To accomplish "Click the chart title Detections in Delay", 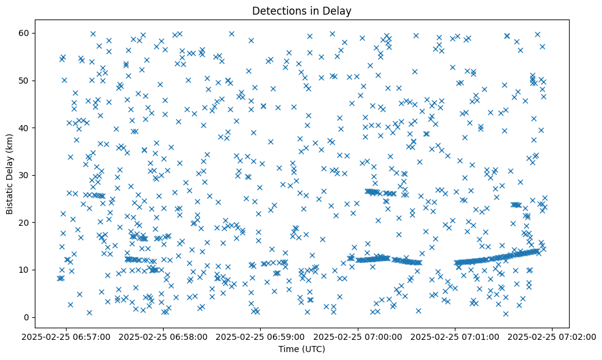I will (x=302, y=11).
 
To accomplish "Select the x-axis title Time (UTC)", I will (x=302, y=349).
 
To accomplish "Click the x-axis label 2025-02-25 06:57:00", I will (x=67, y=336).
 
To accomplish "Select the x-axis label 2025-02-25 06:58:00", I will (x=164, y=336).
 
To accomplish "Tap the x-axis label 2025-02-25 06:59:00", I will (x=261, y=336).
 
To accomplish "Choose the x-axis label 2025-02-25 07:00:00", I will (x=358, y=336).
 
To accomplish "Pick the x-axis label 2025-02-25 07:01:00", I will (x=455, y=336).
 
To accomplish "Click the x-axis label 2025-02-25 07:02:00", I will (x=552, y=336).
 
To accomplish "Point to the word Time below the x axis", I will (x=288, y=349).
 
